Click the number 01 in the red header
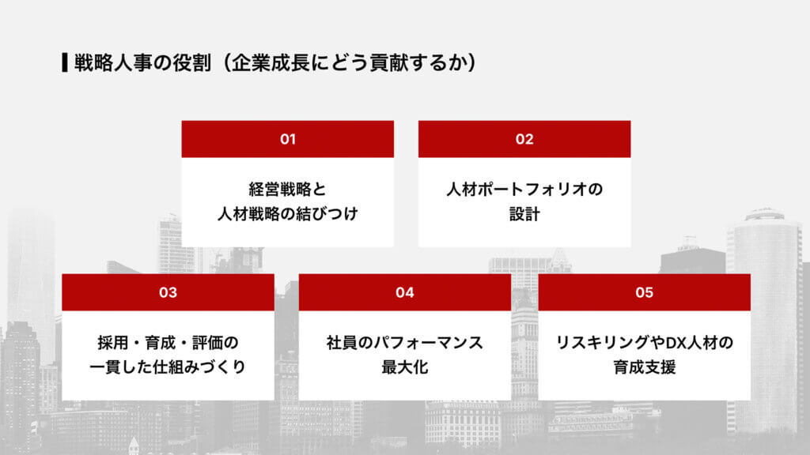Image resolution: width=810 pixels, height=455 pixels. (x=287, y=139)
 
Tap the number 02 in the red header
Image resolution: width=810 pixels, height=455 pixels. (x=524, y=139)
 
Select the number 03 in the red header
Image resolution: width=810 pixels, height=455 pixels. (x=168, y=292)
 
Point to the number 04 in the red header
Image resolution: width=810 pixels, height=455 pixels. (x=405, y=292)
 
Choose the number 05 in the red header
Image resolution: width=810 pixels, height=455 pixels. (x=644, y=292)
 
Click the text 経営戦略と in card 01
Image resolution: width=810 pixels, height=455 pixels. (x=287, y=190)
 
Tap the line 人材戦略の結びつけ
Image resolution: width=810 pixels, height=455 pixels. (x=287, y=214)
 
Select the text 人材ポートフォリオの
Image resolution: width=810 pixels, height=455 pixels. (x=524, y=190)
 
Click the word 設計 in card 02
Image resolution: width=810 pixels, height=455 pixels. (x=524, y=214)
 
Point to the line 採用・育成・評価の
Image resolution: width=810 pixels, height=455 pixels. (x=168, y=344)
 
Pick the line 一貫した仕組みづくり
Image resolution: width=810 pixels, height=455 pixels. (x=168, y=367)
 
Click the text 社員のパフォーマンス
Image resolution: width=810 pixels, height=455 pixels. (x=405, y=344)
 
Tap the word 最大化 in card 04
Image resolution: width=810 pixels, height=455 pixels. (x=405, y=367)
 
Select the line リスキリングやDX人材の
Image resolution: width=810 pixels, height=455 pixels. (x=644, y=344)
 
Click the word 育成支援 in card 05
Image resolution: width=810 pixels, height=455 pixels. (x=644, y=367)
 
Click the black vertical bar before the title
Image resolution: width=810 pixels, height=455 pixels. (x=64, y=62)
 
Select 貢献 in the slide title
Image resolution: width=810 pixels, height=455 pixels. (x=372, y=62)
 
